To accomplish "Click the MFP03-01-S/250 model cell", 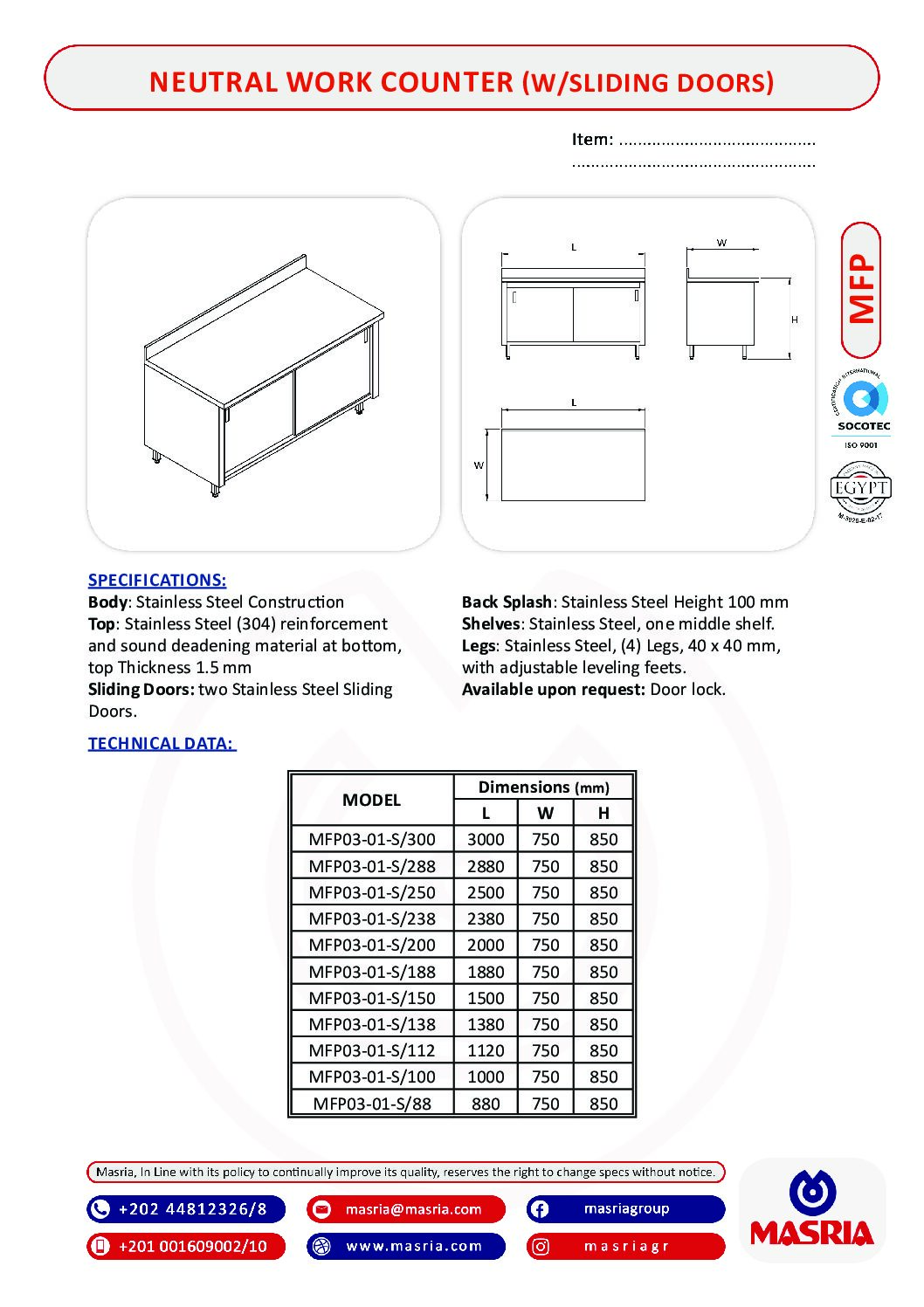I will click(x=372, y=892).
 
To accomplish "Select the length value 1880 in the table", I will click(x=486, y=972).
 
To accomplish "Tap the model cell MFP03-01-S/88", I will click(x=372, y=1104).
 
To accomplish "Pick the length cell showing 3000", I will click(x=486, y=839).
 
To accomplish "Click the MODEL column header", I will click(x=371, y=800).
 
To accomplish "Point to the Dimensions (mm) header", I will click(x=543, y=787).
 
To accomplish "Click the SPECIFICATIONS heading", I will click(x=157, y=580).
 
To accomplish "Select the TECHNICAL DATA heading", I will click(x=162, y=743).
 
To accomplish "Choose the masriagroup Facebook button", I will click(x=625, y=1209).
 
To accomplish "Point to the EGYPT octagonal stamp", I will click(x=860, y=489).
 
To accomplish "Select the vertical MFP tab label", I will click(x=861, y=290).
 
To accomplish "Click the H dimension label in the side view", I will click(x=795, y=320).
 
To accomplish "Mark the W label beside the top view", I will click(x=479, y=465).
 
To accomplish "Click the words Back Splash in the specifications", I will click(x=507, y=602).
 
